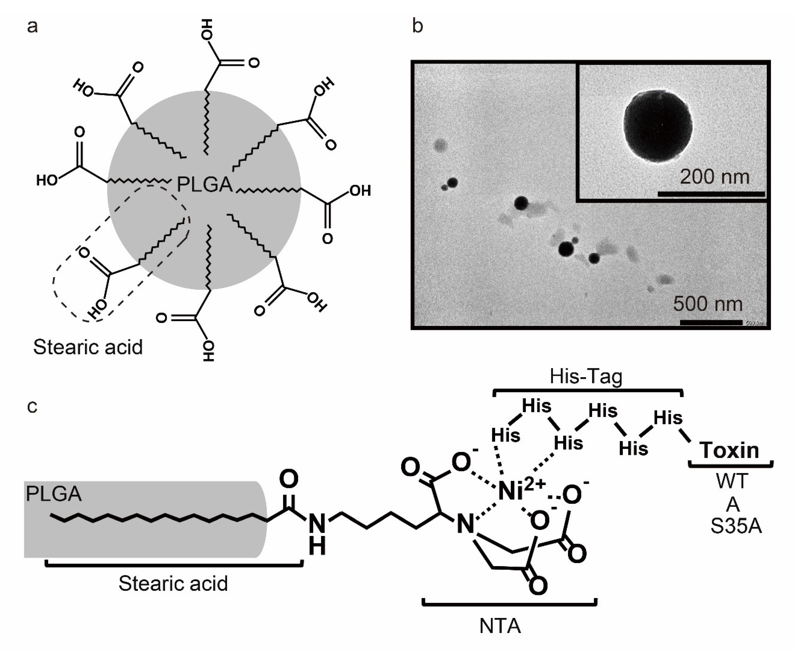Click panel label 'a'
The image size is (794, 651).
tap(32, 27)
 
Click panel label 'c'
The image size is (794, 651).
tap(32, 406)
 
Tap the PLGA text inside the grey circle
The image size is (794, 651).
tap(204, 184)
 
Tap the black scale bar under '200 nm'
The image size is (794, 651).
tap(711, 194)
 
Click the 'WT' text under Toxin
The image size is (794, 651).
tap(732, 481)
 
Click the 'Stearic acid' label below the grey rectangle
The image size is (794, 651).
tap(173, 584)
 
